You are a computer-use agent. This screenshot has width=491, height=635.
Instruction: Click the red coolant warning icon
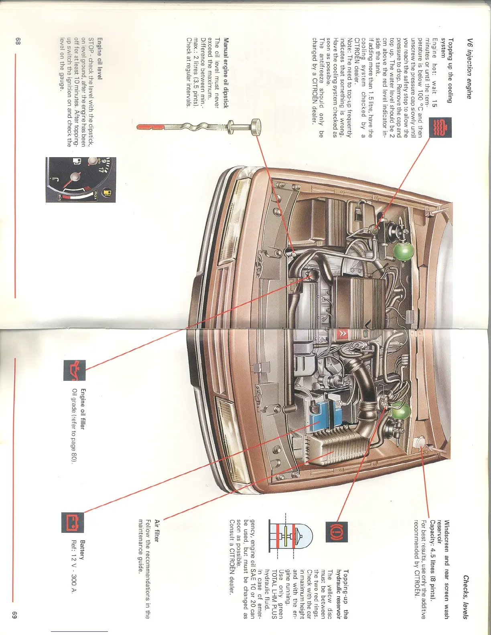point(440,128)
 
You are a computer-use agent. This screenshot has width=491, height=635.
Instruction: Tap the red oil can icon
point(75,370)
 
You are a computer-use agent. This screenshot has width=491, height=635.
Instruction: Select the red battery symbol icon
point(72,522)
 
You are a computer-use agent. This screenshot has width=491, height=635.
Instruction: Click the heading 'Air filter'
point(157,530)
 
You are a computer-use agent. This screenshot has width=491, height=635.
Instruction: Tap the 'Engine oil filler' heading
point(82,409)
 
